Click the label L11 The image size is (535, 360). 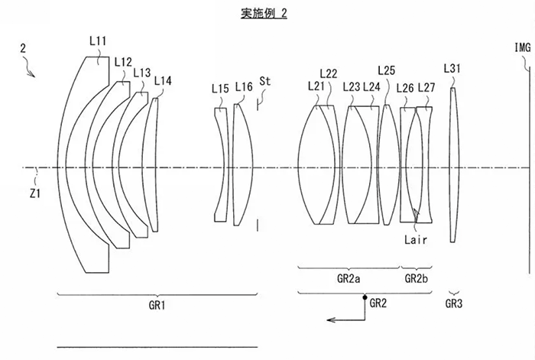point(98,41)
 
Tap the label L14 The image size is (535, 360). point(163,81)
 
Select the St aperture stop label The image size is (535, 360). point(264,81)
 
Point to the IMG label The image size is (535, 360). point(522,47)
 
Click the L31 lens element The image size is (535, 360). point(453,165)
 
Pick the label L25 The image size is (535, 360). point(386,70)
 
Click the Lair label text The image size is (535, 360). point(415,240)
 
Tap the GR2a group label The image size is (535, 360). point(349,279)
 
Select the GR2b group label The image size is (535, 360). point(416,279)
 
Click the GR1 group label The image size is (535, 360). point(157,305)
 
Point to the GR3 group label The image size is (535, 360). point(454,303)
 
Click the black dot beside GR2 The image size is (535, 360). point(365,297)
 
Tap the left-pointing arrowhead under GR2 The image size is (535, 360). point(331,319)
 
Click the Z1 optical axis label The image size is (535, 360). point(35,194)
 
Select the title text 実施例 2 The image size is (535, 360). point(264,13)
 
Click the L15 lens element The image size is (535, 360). point(221,165)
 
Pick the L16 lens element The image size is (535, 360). point(243,165)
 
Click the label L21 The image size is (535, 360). point(316,86)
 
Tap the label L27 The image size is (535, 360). point(426,88)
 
